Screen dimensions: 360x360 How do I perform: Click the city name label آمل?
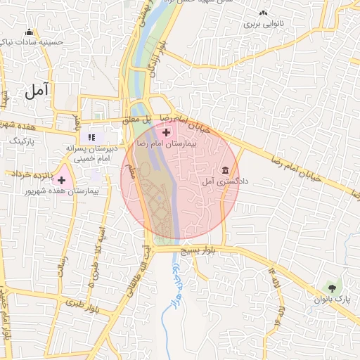37,90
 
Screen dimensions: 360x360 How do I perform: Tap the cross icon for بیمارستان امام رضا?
166,132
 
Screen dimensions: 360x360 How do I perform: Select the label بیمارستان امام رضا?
167,143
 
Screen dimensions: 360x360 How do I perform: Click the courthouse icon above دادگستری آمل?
225,171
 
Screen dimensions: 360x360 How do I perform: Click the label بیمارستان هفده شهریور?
61,191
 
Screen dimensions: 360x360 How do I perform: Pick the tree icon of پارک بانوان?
331,288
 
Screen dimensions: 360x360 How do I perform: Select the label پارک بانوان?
333,300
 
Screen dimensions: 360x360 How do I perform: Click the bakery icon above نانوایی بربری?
263,13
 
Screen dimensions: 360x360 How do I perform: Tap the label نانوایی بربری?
263,24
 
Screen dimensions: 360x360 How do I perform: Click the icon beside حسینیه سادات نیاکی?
29,32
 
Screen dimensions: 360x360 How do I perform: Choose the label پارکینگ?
20,141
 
